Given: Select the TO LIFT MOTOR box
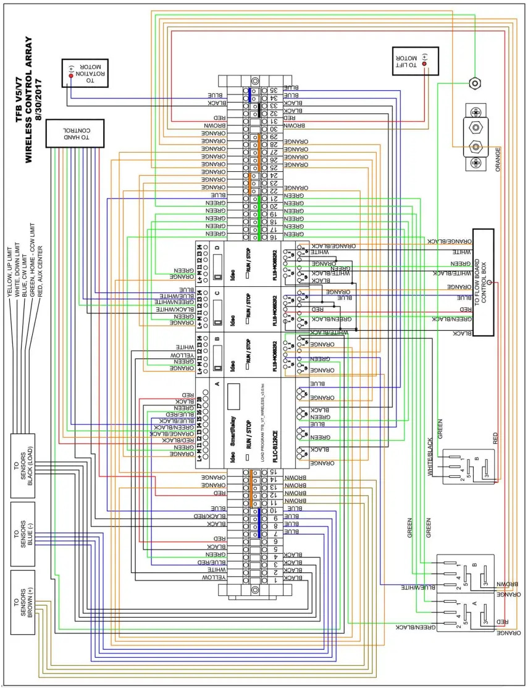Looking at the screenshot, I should (x=414, y=61).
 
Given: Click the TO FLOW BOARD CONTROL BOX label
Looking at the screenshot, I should (x=484, y=282).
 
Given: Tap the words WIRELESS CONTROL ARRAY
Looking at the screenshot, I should (x=28, y=99).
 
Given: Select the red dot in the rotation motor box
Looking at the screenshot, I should (x=71, y=76).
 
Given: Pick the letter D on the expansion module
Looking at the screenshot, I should (x=217, y=248).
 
